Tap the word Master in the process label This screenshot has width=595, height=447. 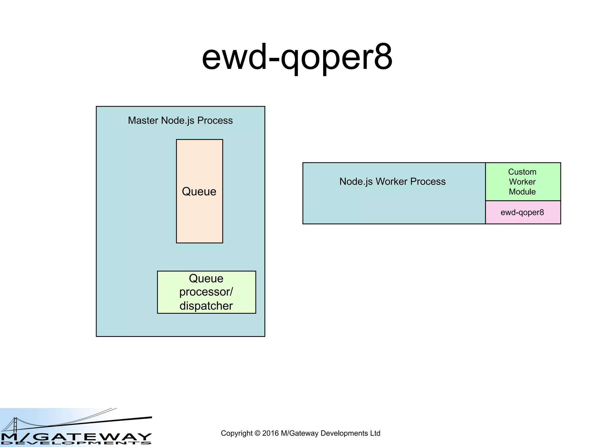point(143,120)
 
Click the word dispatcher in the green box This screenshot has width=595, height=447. point(206,306)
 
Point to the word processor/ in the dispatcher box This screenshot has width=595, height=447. point(206,292)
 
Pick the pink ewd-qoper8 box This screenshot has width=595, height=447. point(522,212)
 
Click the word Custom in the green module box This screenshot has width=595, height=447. point(522,172)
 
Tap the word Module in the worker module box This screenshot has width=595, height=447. point(522,192)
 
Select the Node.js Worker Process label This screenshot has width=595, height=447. point(392,182)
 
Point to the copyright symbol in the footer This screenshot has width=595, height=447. point(257,433)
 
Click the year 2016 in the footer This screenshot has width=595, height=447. point(270,433)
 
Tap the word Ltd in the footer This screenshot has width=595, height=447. point(375,433)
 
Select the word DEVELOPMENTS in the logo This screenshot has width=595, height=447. point(76,443)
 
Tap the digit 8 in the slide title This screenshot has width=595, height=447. point(383,57)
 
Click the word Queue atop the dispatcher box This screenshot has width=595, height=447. point(206,279)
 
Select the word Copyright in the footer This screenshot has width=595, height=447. point(237,433)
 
